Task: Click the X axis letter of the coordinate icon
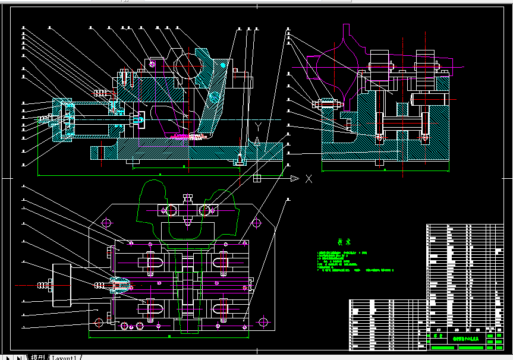(309, 178)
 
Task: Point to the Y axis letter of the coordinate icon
(257, 127)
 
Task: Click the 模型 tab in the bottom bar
(37, 358)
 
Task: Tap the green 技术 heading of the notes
(344, 242)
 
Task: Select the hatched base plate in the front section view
(178, 153)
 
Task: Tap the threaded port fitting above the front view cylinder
(102, 93)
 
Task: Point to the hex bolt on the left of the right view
(326, 105)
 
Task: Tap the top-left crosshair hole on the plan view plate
(107, 223)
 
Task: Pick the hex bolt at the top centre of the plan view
(187, 199)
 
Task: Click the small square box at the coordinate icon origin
(257, 178)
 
